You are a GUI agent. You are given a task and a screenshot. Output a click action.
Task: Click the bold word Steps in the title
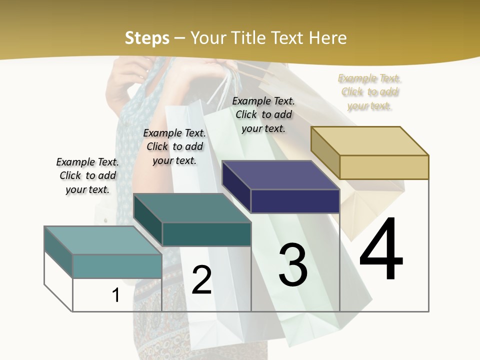(147, 38)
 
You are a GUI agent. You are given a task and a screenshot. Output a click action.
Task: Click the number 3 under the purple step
(293, 265)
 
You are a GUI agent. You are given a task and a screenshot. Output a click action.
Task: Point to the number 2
(202, 280)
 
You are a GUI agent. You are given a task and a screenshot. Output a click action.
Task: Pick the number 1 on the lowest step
(116, 295)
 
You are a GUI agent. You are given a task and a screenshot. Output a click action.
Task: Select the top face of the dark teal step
(192, 208)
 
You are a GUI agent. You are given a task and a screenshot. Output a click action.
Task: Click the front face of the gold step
(384, 167)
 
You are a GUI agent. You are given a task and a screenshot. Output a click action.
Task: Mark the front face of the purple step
(295, 201)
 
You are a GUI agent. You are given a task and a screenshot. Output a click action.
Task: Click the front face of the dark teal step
(206, 234)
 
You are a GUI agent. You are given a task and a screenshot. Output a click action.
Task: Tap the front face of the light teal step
(117, 266)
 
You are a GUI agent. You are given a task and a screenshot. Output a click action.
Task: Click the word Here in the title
(328, 38)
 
